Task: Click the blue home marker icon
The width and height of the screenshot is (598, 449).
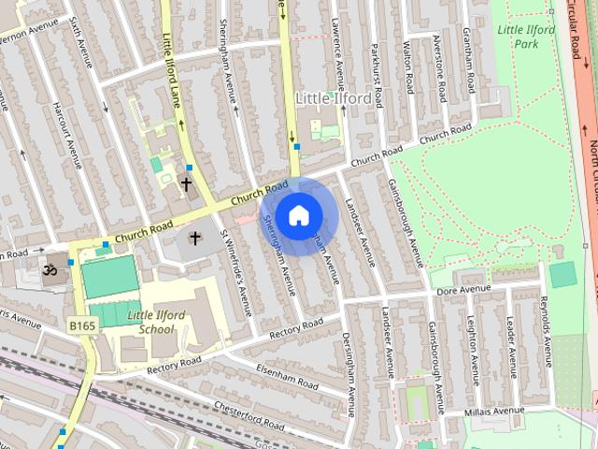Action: pos(298,215)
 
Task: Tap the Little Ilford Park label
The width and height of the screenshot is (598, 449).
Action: pos(526,36)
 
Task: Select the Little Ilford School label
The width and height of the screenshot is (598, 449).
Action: pos(144,322)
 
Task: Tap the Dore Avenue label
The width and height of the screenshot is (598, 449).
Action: pos(464,291)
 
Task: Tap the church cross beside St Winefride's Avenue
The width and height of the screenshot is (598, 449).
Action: pos(195,239)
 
